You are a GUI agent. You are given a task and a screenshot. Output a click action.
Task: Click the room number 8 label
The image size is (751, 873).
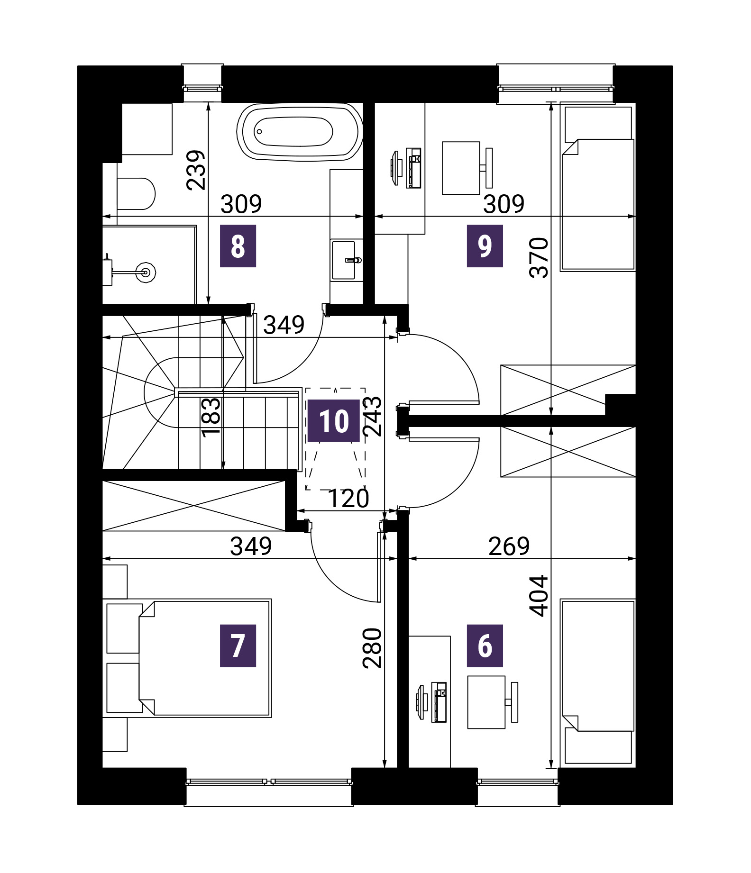click(x=238, y=246)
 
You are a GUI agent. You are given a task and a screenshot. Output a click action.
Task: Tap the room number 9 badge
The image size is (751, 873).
click(x=485, y=246)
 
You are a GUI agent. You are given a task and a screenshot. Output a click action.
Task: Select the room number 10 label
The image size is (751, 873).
click(x=334, y=421)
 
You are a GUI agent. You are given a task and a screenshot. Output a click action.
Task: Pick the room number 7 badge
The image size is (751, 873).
click(x=238, y=646)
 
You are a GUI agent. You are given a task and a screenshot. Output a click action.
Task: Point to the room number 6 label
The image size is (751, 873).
click(x=485, y=646)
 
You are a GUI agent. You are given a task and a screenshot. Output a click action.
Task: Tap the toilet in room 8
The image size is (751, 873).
click(x=136, y=194)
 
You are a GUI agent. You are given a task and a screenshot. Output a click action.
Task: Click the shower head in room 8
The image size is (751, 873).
click(x=146, y=272)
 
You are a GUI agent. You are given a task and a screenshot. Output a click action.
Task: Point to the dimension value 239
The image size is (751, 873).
click(x=196, y=170)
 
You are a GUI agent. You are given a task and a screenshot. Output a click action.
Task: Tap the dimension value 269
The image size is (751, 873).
click(x=509, y=546)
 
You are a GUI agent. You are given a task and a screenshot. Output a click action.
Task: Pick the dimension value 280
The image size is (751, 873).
click(x=372, y=648)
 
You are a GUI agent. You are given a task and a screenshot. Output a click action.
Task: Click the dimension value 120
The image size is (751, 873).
click(x=348, y=499)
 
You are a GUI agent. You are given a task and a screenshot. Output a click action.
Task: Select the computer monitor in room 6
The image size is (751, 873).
click(x=420, y=702)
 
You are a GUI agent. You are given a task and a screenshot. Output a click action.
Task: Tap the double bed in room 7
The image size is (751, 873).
click(x=205, y=658)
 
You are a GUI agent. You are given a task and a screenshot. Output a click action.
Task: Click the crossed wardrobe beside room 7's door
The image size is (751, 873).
click(x=194, y=506)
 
